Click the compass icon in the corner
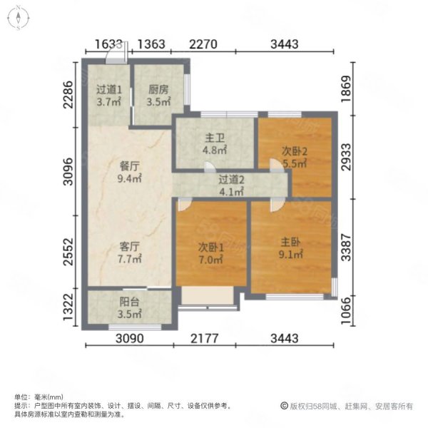[x=19, y=18]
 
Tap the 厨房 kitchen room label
[x=158, y=90]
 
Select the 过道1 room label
[x=109, y=90]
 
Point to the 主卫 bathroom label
[x=215, y=138]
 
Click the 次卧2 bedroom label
[x=295, y=151]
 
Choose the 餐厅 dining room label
[x=130, y=166]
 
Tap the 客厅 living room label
[x=130, y=247]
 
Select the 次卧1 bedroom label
[x=211, y=248]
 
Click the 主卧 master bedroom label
[x=291, y=242]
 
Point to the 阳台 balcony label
[x=130, y=302]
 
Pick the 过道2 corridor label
[x=231, y=180]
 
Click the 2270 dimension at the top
[x=203, y=44]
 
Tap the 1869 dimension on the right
[x=346, y=89]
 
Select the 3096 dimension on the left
[x=68, y=172]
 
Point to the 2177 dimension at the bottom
[x=205, y=338]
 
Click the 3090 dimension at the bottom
[x=130, y=338]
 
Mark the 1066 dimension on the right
[x=346, y=310]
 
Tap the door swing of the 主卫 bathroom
[x=210, y=167]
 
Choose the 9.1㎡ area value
[x=291, y=255]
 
